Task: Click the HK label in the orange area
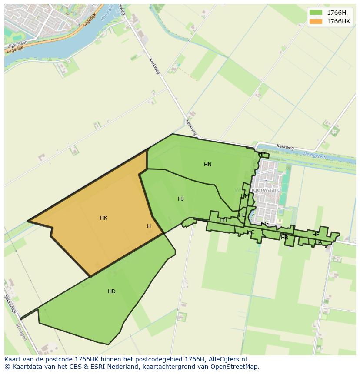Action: pyautogui.click(x=103, y=218)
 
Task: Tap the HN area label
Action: pyautogui.click(x=208, y=165)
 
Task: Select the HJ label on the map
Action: pyautogui.click(x=181, y=199)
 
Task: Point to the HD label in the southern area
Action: pyautogui.click(x=112, y=291)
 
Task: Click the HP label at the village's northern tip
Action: pyautogui.click(x=262, y=154)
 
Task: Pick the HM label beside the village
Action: pyautogui.click(x=245, y=196)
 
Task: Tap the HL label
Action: pyautogui.click(x=242, y=215)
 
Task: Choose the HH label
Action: pyautogui.click(x=223, y=220)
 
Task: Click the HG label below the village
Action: pyautogui.click(x=265, y=224)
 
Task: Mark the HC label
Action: pyautogui.click(x=251, y=232)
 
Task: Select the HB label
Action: pyautogui.click(x=285, y=238)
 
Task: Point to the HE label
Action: pyautogui.click(x=316, y=235)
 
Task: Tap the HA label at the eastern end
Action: pyautogui.click(x=318, y=242)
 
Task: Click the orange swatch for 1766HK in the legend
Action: pyautogui.click(x=316, y=22)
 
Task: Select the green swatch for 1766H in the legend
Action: pyautogui.click(x=316, y=13)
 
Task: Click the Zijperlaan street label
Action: pyautogui.click(x=17, y=45)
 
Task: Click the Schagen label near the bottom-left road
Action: pyautogui.click(x=20, y=332)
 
